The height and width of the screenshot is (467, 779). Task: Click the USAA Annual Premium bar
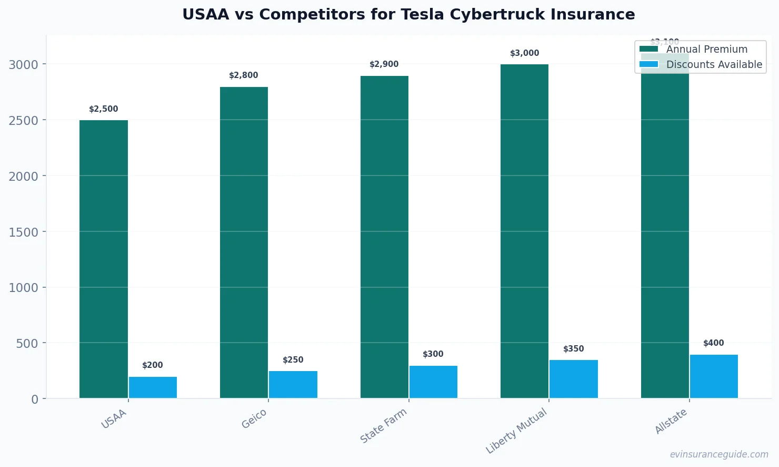(x=104, y=259)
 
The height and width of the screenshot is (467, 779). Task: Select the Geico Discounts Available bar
(x=293, y=384)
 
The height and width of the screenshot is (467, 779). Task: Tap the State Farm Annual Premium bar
(x=384, y=237)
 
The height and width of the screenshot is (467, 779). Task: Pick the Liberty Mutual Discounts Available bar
(x=574, y=379)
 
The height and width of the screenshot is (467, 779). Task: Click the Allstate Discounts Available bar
(x=714, y=376)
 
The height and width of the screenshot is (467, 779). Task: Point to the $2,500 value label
(x=104, y=109)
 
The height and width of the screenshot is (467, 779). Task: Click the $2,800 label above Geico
(x=244, y=75)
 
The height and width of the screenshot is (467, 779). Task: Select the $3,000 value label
(x=525, y=53)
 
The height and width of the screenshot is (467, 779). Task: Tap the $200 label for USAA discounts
(x=153, y=365)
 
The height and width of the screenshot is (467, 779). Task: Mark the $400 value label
(x=714, y=343)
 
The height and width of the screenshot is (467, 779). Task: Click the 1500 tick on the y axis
(x=23, y=232)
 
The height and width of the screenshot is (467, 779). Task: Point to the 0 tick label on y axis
(x=35, y=400)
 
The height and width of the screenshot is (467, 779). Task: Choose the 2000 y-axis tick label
(x=23, y=176)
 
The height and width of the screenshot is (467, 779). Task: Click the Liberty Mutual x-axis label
(x=517, y=431)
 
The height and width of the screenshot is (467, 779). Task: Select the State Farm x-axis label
(x=384, y=426)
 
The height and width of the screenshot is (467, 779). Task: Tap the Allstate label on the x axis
(x=671, y=421)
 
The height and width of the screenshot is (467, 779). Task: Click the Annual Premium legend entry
(x=706, y=49)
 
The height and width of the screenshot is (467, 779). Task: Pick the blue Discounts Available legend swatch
(x=648, y=64)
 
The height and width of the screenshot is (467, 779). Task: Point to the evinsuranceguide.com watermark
(x=719, y=454)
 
